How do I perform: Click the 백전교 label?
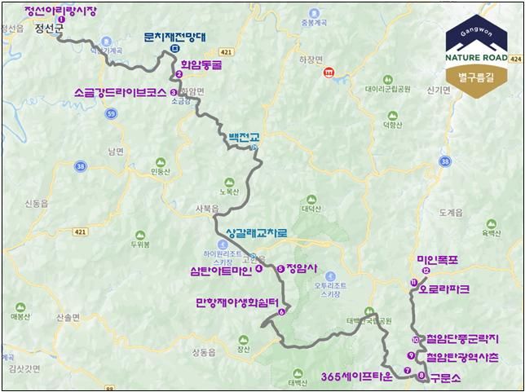[x=244, y=139]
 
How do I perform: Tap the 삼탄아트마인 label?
[x=221, y=268]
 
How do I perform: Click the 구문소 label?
[x=446, y=377]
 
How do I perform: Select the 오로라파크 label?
[x=444, y=288]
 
